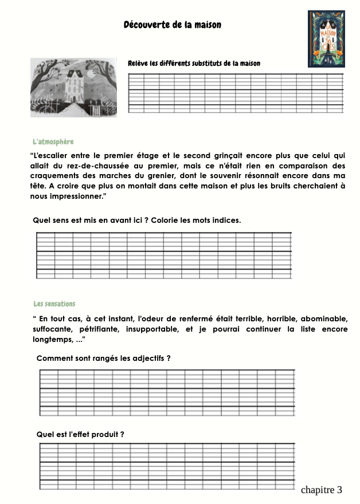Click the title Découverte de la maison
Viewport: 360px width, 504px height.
point(172,25)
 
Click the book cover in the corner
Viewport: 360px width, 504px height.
point(326,38)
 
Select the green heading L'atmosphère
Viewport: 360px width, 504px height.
point(53,141)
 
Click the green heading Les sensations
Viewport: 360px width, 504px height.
point(54,304)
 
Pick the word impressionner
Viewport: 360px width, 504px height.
point(78,196)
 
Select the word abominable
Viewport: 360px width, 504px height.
point(324,318)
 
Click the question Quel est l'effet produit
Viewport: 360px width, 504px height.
point(80,434)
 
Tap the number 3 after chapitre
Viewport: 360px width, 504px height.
point(339,490)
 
